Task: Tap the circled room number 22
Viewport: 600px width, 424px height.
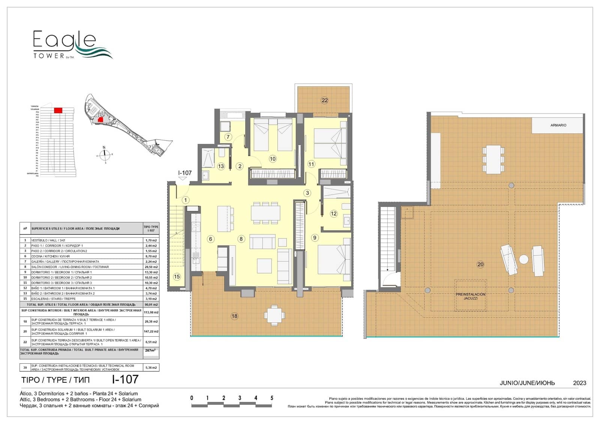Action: [x=325, y=100]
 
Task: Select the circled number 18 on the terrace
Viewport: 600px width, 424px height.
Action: [x=234, y=316]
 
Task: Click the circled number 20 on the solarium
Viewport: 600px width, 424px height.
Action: [x=480, y=264]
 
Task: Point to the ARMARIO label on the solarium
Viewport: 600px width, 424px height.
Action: [x=558, y=125]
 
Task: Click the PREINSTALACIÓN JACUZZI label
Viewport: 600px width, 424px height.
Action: [x=471, y=296]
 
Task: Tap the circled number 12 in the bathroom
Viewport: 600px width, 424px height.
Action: [x=334, y=214]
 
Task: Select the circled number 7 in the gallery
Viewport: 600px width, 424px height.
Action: [x=228, y=137]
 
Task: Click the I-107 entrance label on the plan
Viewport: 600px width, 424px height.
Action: [x=185, y=173]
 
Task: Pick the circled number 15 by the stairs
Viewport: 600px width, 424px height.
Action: [x=177, y=277]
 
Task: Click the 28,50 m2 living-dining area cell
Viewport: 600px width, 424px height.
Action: [x=151, y=267]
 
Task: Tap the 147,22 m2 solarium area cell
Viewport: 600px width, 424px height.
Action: [x=151, y=331]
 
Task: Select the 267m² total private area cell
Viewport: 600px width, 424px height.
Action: [x=150, y=350]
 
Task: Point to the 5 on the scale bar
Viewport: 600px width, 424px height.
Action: [x=272, y=398]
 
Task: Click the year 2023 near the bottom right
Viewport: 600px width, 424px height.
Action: [x=579, y=383]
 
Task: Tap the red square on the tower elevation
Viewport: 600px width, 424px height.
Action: [x=58, y=110]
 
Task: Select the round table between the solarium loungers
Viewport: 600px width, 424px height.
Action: [x=523, y=259]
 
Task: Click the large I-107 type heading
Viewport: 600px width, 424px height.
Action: [x=125, y=379]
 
